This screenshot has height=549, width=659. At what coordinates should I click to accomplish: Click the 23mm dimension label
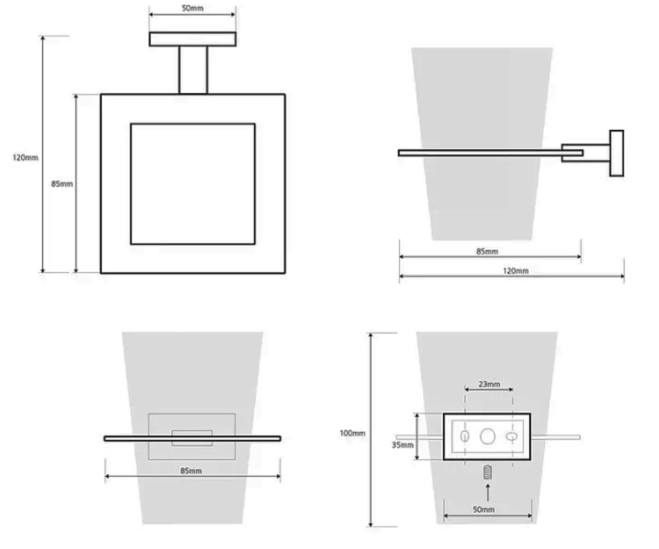coord(489,384)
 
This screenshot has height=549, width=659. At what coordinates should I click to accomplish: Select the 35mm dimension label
coord(403,445)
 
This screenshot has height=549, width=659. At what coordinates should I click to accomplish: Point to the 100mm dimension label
coord(352,433)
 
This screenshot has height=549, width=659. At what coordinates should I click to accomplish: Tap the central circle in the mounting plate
coord(487,436)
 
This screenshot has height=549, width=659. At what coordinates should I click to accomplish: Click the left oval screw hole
coord(465,436)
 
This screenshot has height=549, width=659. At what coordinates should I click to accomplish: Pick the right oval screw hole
coord(511,436)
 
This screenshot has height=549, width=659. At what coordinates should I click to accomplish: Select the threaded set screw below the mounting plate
coord(488,472)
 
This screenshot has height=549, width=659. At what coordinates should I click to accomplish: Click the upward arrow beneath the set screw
coord(488,493)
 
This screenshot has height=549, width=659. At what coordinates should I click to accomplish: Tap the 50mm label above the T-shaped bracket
coord(192,8)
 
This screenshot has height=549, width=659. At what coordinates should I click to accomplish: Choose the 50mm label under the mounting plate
coord(483,509)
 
